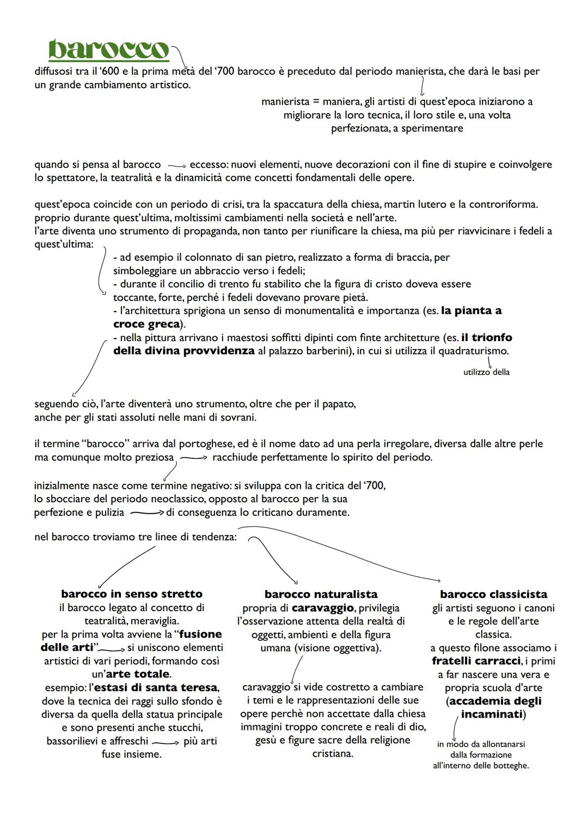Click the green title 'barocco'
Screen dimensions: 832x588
click(108, 50)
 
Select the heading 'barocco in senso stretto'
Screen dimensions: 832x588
click(132, 594)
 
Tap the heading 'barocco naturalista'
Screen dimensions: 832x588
click(321, 594)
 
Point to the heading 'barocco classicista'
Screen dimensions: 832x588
click(493, 594)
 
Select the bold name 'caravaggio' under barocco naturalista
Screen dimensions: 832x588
click(323, 608)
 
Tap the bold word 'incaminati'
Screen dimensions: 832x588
click(492, 714)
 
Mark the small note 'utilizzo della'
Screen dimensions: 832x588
click(486, 372)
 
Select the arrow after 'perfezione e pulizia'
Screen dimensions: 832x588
click(147, 513)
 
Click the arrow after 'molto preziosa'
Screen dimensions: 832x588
click(194, 458)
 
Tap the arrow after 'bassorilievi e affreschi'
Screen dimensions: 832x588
click(166, 742)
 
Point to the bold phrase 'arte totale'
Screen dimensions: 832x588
click(137, 674)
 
